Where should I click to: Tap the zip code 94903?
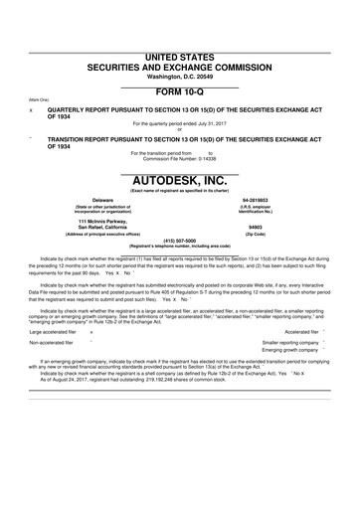255,227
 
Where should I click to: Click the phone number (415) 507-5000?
179,239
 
